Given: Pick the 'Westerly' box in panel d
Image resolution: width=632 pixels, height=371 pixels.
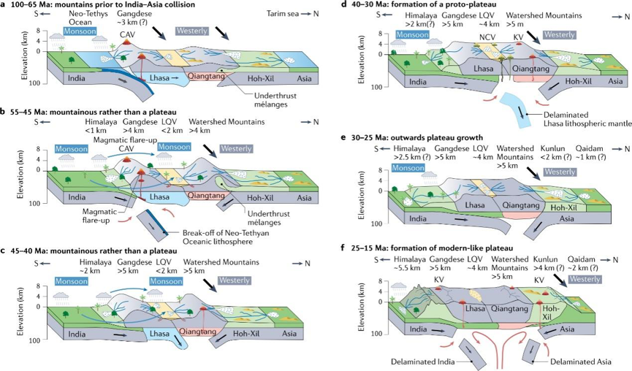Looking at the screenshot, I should (x=560, y=34).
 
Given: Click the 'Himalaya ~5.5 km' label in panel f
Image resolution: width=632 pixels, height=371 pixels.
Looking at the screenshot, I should (x=409, y=264).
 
